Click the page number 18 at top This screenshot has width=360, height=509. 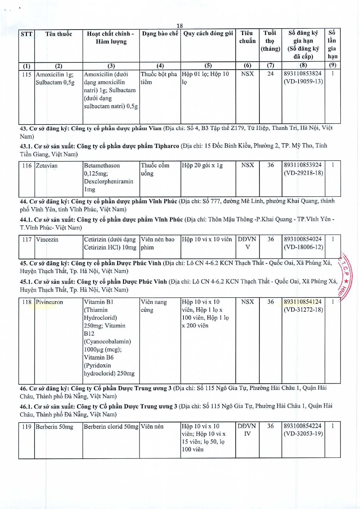click(180, 26)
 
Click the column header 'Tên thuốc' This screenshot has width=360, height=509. click(59, 34)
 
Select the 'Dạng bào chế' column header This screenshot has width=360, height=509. click(160, 34)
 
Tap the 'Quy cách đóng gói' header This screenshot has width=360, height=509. click(208, 34)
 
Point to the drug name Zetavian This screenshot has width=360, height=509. click(47, 166)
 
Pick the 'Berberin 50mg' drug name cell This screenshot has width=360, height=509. click(54, 427)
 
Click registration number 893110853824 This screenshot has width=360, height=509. click(303, 74)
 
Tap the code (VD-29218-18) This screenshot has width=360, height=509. click(303, 173)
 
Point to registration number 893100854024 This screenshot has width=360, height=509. click(303, 239)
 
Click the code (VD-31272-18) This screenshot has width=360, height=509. click(303, 310)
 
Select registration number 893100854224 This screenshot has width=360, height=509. click(303, 426)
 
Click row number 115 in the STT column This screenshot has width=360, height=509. click(27, 75)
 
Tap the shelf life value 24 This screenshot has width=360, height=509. click(270, 74)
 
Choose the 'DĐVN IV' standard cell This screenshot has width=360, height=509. click(247, 430)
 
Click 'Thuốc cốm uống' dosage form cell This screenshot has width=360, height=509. click(155, 169)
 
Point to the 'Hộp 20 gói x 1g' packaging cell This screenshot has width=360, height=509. click(202, 165)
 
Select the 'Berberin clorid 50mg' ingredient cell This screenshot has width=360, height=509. click(111, 427)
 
